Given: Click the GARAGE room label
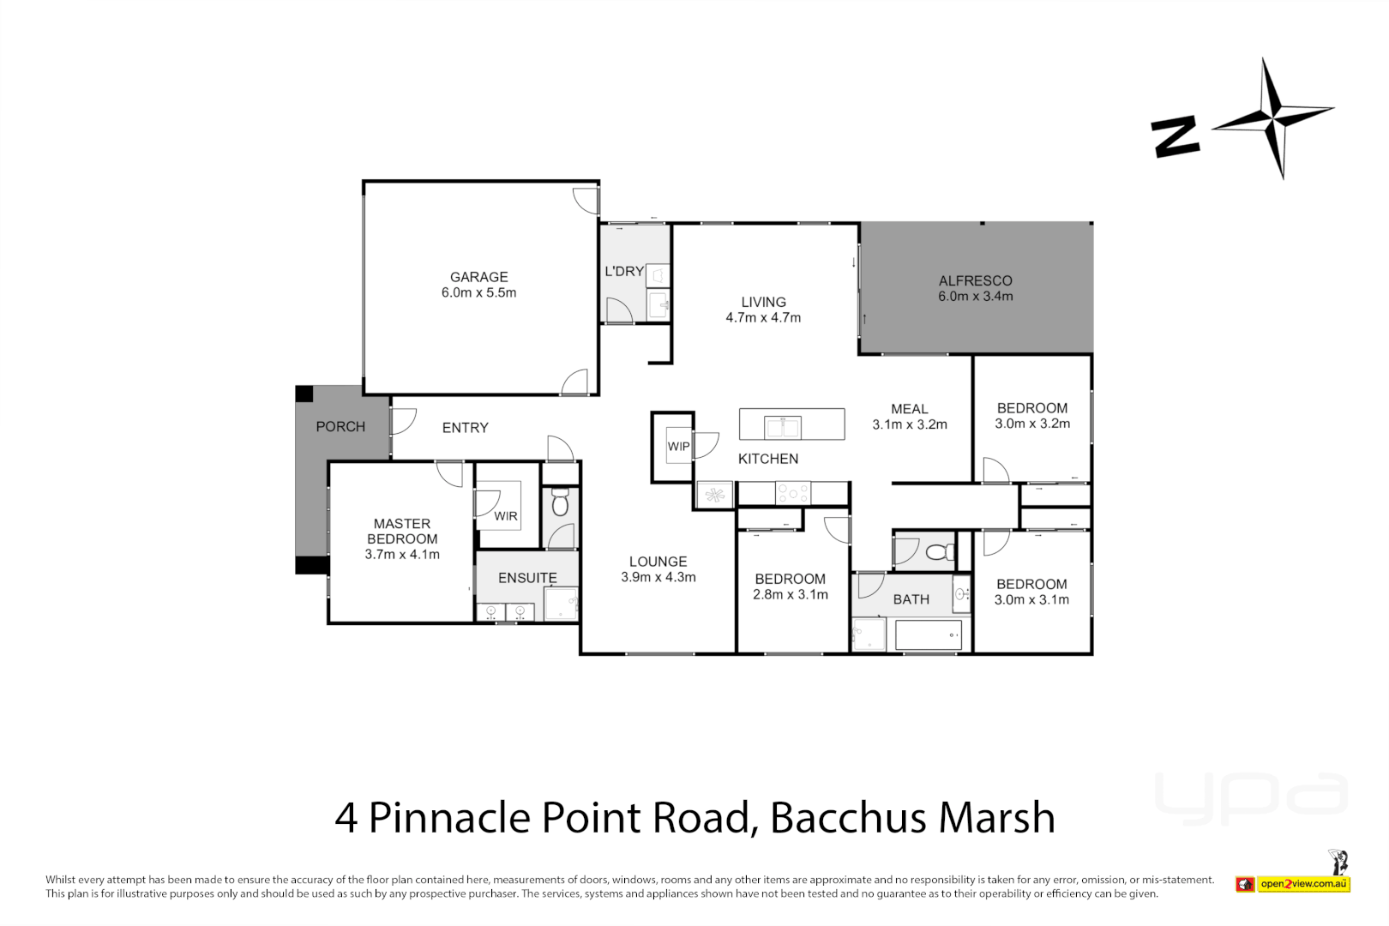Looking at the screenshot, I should coord(478,277).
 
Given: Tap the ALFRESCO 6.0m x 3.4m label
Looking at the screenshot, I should coord(975,288).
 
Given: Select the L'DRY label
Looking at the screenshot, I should coord(623,271).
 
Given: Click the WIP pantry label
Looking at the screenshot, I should coord(678,447).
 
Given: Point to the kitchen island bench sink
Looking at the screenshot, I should coord(782,426).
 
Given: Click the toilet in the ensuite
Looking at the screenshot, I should coord(560,503).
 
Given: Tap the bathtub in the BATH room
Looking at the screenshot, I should coord(928,635).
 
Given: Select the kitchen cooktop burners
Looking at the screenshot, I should coord(792,493).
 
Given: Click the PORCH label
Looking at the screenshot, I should coord(340,427).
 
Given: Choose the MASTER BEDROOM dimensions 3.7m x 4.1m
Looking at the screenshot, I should coord(402,555).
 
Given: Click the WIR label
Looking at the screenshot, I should coord(506,516).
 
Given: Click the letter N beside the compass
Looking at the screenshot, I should coord(1176,137).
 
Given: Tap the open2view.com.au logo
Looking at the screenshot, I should coord(1303,884).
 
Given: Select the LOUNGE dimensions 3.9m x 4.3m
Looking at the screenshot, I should coord(658,578).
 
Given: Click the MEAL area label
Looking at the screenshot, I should coord(909,409).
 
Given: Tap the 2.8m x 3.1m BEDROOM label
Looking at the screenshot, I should coord(790,587).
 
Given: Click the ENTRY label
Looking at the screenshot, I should coord(465,428).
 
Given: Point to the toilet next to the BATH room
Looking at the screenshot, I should coord(940,550).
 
